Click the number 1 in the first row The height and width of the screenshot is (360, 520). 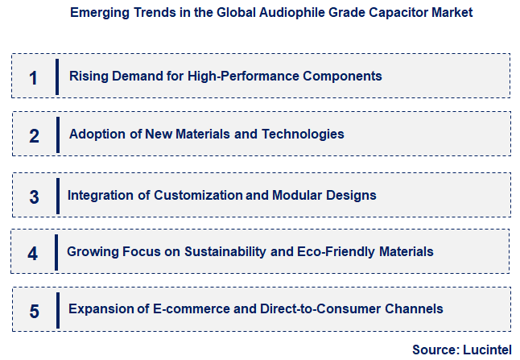(x=33, y=77)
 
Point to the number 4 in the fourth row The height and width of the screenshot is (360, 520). (x=32, y=254)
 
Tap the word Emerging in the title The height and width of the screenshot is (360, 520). (x=98, y=13)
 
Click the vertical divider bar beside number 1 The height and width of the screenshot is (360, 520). (x=58, y=77)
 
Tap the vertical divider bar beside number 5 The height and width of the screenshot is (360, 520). (x=58, y=310)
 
